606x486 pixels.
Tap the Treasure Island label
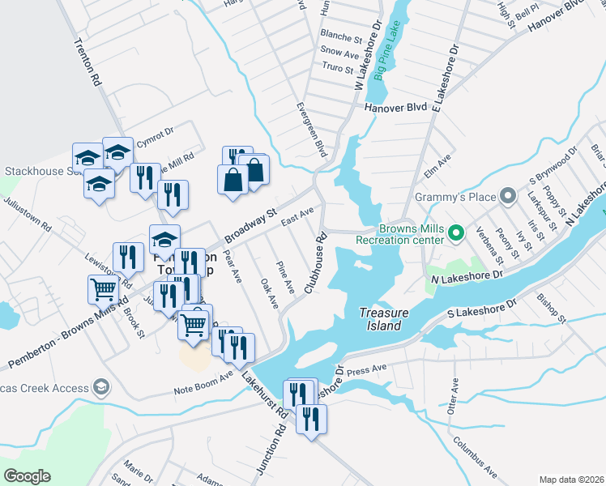click(380, 319)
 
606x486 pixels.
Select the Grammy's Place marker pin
click(508, 195)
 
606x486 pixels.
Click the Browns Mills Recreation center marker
click(455, 234)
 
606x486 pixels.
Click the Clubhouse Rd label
click(314, 264)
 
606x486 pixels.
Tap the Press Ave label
click(369, 371)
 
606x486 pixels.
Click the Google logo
click(27, 475)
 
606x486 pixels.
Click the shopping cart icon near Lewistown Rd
click(103, 288)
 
